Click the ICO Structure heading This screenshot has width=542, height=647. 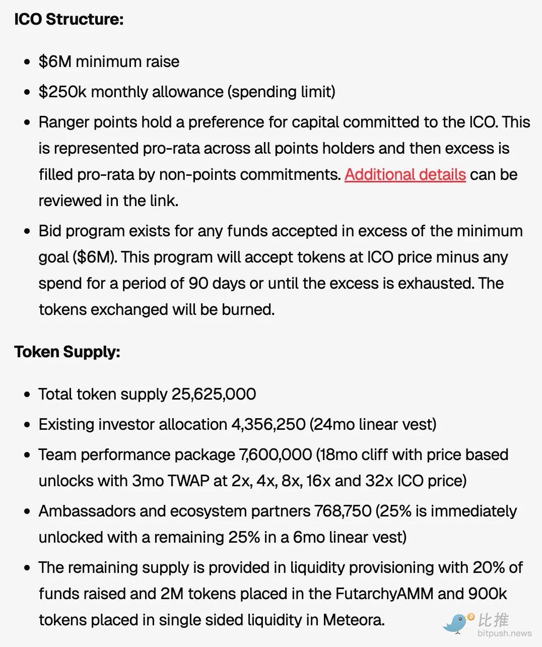click(x=69, y=19)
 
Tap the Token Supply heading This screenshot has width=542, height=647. click(x=67, y=352)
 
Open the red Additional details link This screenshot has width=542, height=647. click(x=405, y=174)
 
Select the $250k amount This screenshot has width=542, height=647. click(x=62, y=92)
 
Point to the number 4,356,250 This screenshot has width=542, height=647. click(x=268, y=424)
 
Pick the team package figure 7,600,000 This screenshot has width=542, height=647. click(x=276, y=455)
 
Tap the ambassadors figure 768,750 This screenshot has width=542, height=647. click(x=343, y=511)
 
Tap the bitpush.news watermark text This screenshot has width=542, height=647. click(x=504, y=633)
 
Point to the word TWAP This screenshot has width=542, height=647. click(x=188, y=481)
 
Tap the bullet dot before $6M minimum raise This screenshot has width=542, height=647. click(x=27, y=62)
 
